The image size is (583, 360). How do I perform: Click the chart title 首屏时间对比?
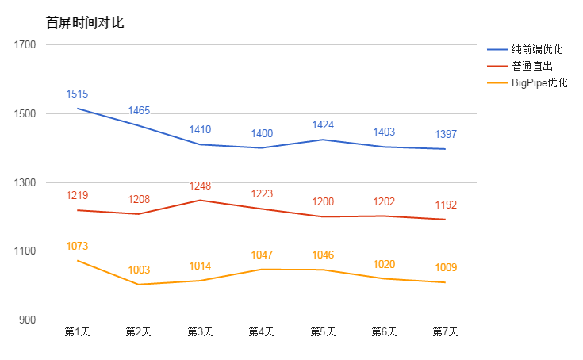pyautogui.click(x=85, y=22)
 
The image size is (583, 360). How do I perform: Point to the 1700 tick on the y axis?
pyautogui.click(x=25, y=45)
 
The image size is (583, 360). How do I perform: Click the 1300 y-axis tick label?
pyautogui.click(x=25, y=182)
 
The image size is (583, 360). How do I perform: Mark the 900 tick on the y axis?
pyautogui.click(x=28, y=320)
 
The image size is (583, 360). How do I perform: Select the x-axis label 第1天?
pyautogui.click(x=77, y=332)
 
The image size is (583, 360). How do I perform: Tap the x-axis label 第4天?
pyautogui.click(x=261, y=332)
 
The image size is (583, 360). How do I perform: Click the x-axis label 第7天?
pyautogui.click(x=445, y=332)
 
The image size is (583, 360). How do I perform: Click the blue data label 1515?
pyautogui.click(x=77, y=94)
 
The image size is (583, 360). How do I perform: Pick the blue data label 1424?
pyautogui.click(x=323, y=125)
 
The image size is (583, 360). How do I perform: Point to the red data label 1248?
pyautogui.click(x=200, y=186)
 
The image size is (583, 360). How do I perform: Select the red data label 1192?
pyautogui.click(x=446, y=205)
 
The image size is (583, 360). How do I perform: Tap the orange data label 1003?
pyautogui.click(x=139, y=270)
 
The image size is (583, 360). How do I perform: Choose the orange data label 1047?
pyautogui.click(x=262, y=255)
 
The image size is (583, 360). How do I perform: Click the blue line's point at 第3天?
pyautogui.click(x=200, y=144)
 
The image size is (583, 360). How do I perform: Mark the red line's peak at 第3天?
pyautogui.click(x=200, y=200)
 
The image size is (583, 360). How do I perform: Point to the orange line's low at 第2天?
pyautogui.click(x=139, y=285)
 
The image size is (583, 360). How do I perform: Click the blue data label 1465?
pyautogui.click(x=139, y=111)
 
